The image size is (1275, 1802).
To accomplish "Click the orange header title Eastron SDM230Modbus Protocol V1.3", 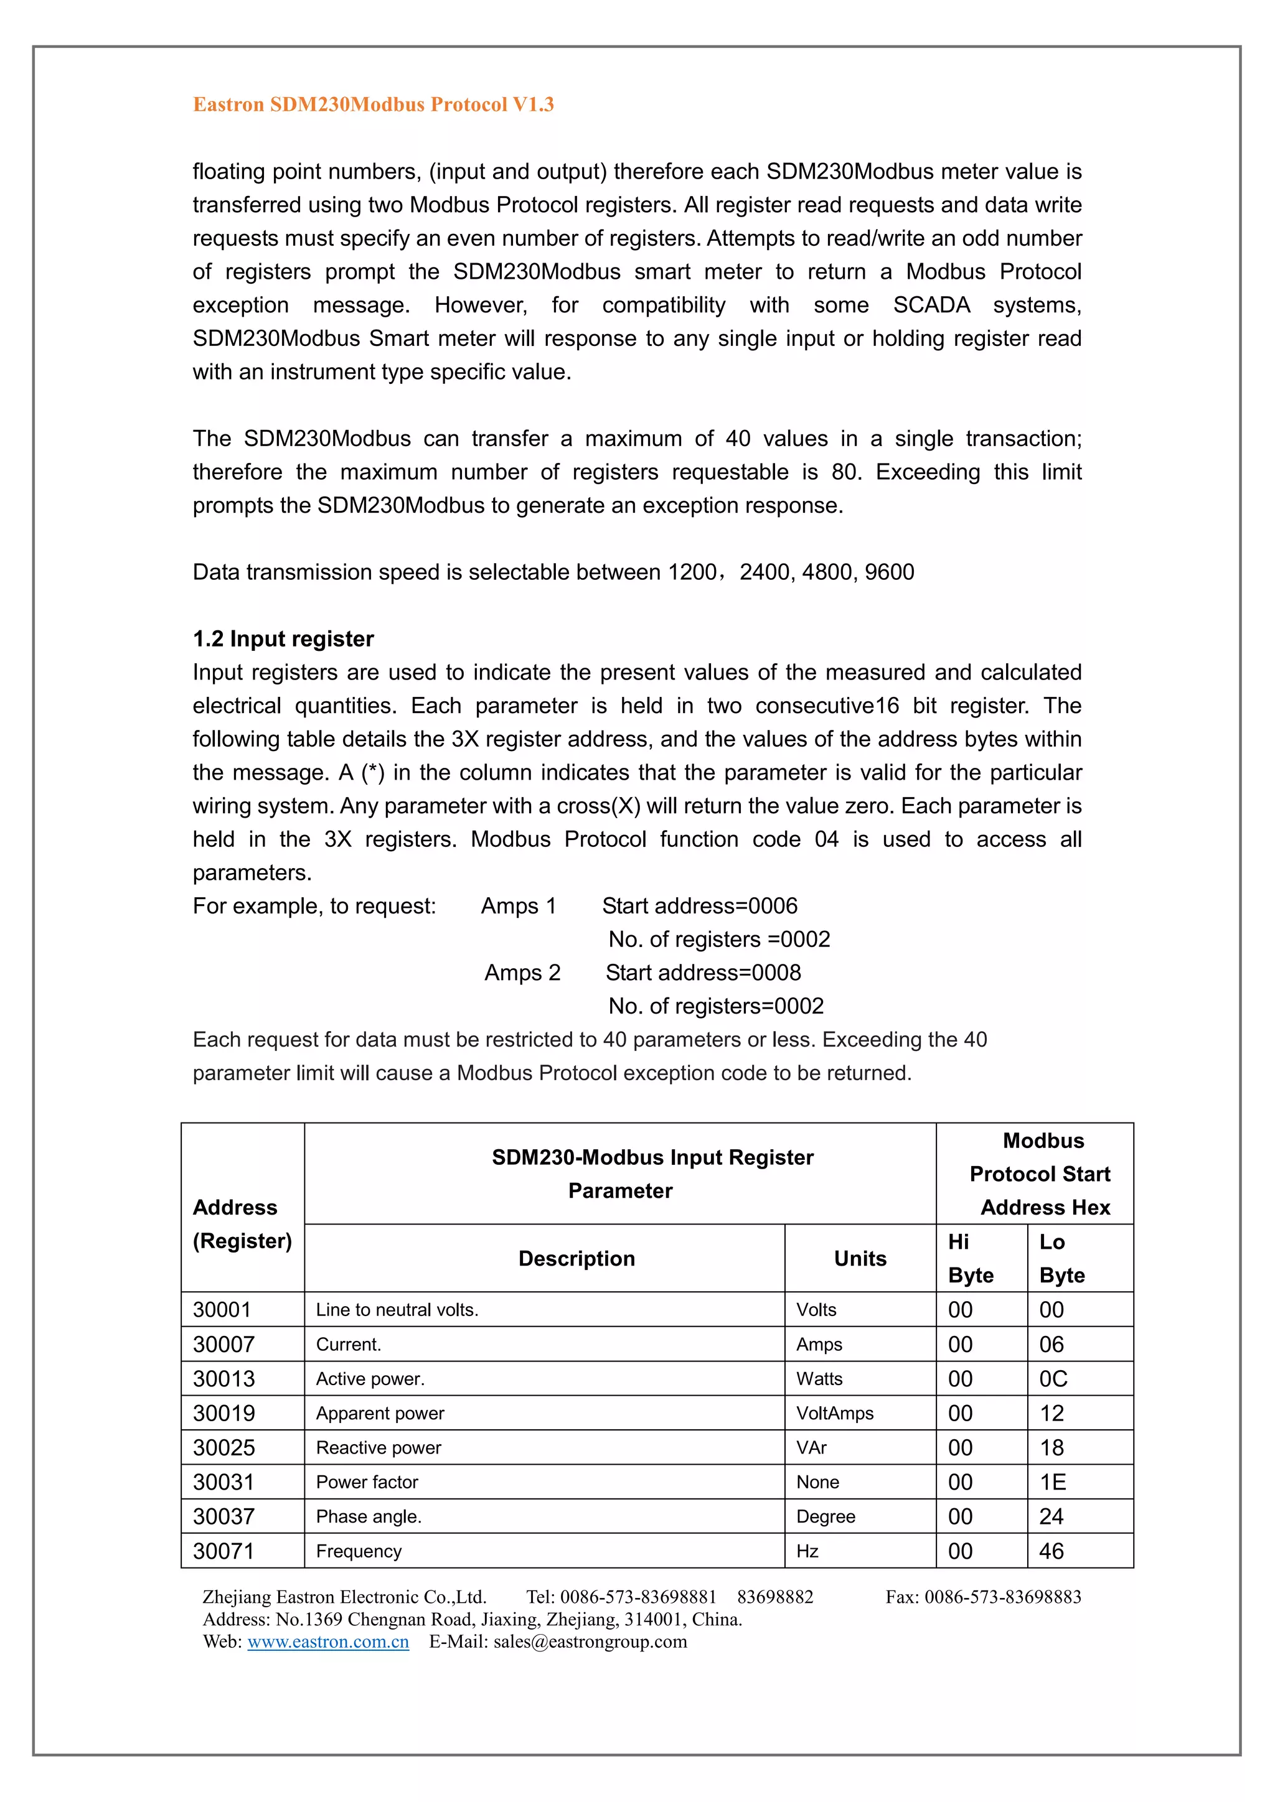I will tap(373, 105).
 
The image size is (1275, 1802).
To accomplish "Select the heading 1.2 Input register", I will tap(283, 639).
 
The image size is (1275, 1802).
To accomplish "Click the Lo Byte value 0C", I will tap(1053, 1378).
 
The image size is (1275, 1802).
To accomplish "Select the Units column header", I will tap(860, 1258).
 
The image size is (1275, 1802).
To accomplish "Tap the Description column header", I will tap(576, 1258).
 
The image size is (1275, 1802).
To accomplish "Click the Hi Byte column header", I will tap(971, 1258).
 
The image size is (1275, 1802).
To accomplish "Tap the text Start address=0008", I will tap(703, 973).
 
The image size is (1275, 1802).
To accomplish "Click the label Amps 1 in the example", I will tap(518, 906).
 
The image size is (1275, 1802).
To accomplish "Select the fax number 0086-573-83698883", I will tap(1002, 1597).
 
